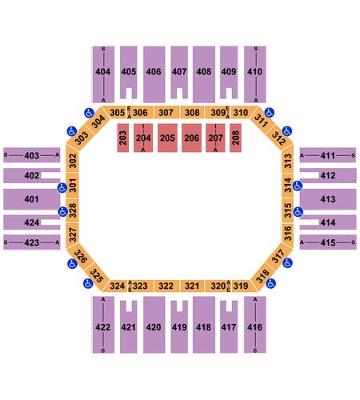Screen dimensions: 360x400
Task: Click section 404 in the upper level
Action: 103,74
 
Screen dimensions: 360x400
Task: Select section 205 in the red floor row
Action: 167,138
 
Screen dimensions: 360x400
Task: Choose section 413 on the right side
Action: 328,199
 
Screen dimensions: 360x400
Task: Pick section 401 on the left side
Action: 31,199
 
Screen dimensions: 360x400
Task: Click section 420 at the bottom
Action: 154,325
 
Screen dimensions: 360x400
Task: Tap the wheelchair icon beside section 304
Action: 89,113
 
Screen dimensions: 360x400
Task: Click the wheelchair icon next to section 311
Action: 270,113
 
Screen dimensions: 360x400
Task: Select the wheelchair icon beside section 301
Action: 62,188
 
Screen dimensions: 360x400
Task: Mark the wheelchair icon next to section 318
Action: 270,283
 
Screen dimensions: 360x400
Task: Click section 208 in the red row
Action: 235,138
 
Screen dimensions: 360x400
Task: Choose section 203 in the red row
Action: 123,138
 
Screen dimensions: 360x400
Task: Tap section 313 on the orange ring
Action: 288,161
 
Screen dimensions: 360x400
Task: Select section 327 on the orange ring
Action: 72,234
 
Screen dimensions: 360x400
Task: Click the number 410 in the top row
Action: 254,71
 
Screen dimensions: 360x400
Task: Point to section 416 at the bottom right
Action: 255,325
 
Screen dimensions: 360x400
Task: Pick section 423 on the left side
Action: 31,242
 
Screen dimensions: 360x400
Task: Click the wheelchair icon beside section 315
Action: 298,212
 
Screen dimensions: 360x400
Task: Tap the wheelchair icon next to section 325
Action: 88,283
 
